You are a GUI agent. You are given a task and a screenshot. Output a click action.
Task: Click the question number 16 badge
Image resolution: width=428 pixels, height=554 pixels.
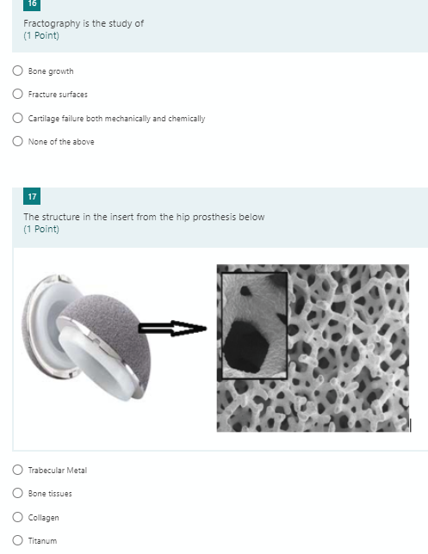pyautogui.click(x=32, y=3)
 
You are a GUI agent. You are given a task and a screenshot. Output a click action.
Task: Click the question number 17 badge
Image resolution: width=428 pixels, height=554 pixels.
pyautogui.click(x=32, y=199)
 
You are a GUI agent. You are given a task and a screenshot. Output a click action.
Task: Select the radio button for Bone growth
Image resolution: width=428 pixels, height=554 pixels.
pyautogui.click(x=17, y=71)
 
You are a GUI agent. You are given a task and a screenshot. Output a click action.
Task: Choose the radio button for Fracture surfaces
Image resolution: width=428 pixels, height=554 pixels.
pyautogui.click(x=17, y=94)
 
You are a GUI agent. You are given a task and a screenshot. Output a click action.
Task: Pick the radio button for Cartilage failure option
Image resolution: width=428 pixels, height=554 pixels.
pyautogui.click(x=17, y=118)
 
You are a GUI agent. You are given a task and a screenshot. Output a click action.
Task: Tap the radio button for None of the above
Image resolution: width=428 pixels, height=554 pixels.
pyautogui.click(x=17, y=142)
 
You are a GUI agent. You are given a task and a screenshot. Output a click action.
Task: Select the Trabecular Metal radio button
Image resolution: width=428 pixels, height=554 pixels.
pyautogui.click(x=17, y=470)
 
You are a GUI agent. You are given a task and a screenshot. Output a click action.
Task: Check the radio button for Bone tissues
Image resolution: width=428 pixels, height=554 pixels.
pyautogui.click(x=17, y=494)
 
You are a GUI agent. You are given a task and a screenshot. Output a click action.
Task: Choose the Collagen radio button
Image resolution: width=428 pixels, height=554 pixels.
pyautogui.click(x=17, y=517)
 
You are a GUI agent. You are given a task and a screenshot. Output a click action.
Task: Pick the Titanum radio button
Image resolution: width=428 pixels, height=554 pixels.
pyautogui.click(x=17, y=541)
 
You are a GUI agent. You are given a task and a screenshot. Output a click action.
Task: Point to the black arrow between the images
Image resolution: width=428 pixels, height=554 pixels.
pyautogui.click(x=171, y=329)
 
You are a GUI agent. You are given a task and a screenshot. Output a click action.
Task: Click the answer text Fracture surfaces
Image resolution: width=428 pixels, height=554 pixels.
pyautogui.click(x=58, y=95)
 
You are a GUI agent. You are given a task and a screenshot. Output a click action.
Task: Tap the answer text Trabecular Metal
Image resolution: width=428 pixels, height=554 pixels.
pyautogui.click(x=58, y=470)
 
